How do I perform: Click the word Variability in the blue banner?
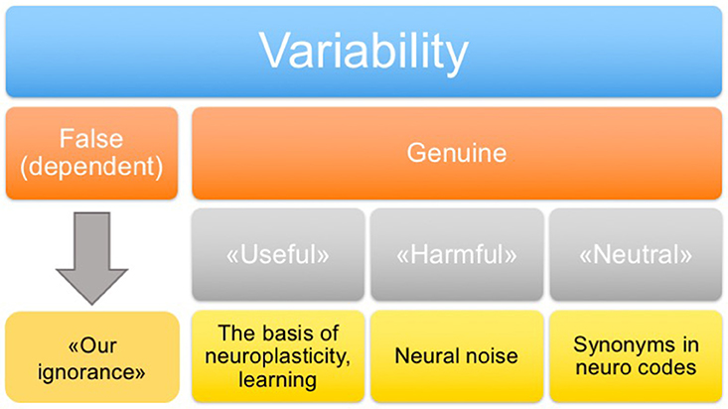[364, 52]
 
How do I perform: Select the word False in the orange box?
[91, 138]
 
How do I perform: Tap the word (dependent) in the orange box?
[91, 167]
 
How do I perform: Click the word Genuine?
[457, 153]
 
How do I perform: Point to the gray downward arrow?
[91, 258]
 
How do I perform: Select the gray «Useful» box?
[278, 254]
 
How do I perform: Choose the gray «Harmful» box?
[457, 254]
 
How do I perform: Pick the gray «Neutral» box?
[636, 254]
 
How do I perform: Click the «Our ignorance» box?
[92, 357]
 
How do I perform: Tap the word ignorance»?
[91, 372]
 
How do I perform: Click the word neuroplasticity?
[277, 356]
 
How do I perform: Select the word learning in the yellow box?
[278, 379]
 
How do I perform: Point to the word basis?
[284, 333]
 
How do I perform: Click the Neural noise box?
[457, 356]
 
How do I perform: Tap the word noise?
[491, 356]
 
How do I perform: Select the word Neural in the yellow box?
[426, 356]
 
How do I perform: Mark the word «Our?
[92, 345]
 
